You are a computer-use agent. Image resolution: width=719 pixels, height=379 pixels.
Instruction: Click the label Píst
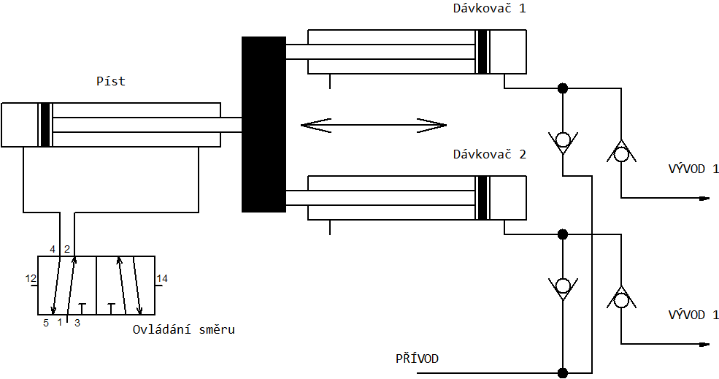(x=111, y=81)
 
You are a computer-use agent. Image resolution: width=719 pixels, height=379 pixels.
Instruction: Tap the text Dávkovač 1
(x=489, y=9)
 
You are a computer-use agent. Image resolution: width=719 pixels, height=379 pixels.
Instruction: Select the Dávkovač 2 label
(x=489, y=154)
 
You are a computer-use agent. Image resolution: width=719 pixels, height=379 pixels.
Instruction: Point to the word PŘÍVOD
(x=418, y=359)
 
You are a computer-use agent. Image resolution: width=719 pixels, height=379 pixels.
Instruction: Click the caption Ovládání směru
(x=184, y=329)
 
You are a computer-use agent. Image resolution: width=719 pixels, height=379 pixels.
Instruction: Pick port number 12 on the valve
(x=31, y=278)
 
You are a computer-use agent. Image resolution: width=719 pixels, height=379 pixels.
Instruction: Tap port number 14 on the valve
(x=162, y=278)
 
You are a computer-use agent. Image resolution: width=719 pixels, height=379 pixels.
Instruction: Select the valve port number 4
(x=53, y=249)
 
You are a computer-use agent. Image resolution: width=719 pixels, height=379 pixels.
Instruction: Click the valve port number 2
(x=66, y=249)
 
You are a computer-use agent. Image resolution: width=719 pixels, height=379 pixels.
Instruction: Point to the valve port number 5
(x=45, y=321)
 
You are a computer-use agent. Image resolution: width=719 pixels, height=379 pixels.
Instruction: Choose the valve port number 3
(x=77, y=321)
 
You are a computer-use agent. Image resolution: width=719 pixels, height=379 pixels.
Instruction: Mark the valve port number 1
(x=60, y=321)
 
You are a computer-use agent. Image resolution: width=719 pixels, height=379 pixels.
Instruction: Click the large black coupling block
(x=264, y=124)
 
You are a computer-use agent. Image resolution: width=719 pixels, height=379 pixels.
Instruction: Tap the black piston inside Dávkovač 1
(x=482, y=52)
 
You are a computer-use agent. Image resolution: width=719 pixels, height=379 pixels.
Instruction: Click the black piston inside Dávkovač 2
(x=482, y=197)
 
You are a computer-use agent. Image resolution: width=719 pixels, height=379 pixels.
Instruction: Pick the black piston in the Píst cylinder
(x=45, y=125)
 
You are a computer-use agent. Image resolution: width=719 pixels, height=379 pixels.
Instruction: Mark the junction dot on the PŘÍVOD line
(x=563, y=372)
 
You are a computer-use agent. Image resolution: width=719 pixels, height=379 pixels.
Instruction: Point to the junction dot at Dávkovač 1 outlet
(x=563, y=88)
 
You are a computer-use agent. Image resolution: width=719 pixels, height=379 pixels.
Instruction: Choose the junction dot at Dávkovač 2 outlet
(x=563, y=234)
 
